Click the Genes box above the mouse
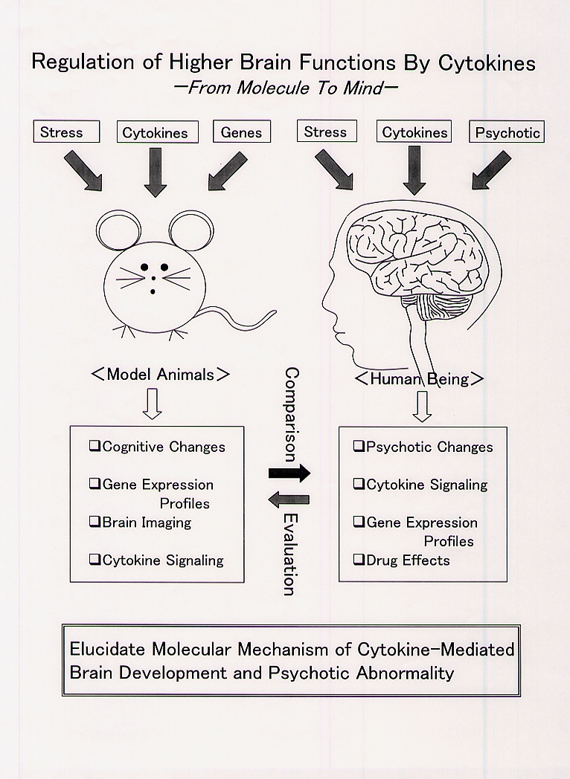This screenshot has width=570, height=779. [242, 132]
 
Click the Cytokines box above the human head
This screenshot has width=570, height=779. [415, 132]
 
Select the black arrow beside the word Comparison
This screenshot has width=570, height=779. [289, 472]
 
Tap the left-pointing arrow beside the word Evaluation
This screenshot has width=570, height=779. [289, 500]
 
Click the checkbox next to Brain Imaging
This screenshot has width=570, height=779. [95, 522]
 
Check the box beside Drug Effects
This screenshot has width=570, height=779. [359, 559]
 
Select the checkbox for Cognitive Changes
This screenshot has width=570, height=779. [95, 446]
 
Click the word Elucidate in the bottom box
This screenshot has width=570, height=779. [106, 649]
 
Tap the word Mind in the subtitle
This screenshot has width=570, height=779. [369, 88]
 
